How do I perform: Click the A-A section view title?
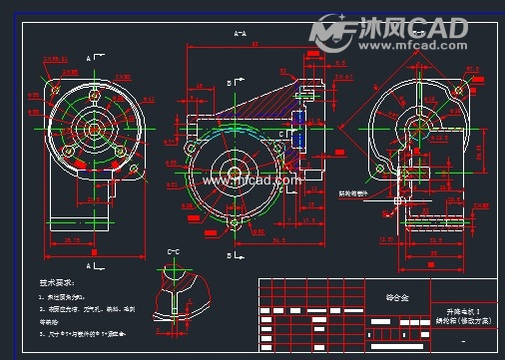coord(240,34)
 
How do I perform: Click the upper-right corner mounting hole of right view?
coord(457,90)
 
